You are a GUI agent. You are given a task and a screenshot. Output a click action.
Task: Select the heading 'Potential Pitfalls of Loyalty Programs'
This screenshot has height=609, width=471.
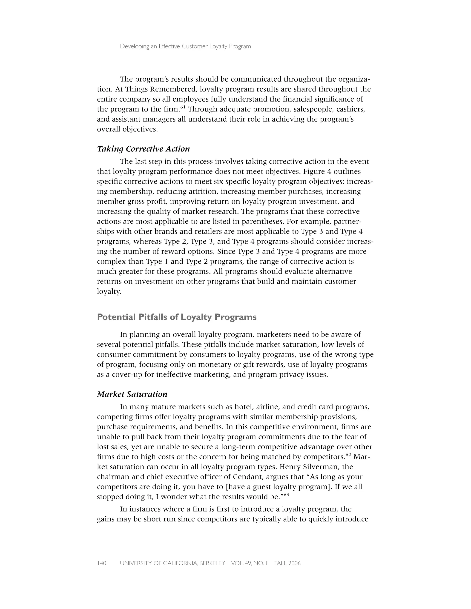point(177,317)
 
